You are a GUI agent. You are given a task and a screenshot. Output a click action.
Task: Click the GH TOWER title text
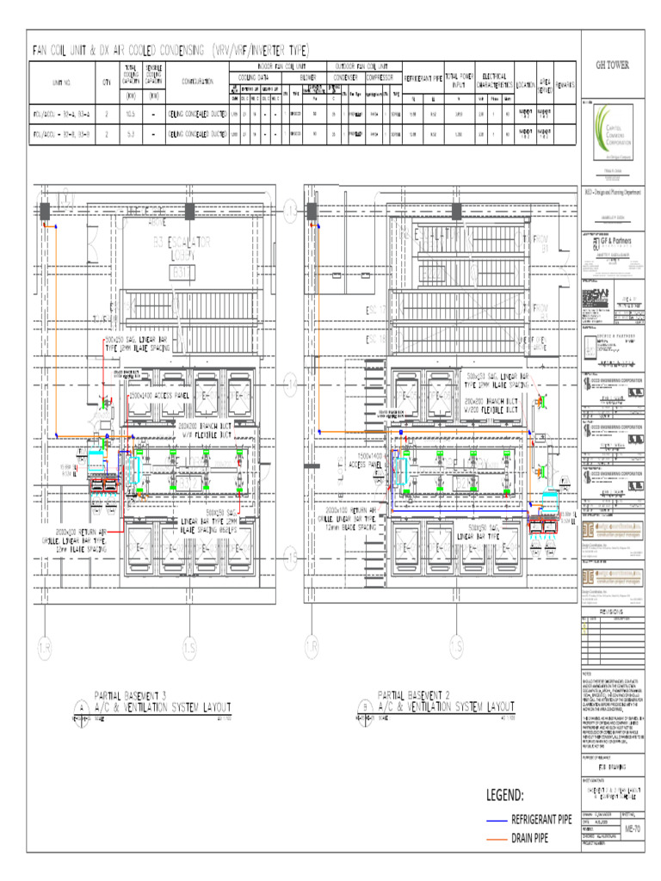pyautogui.click(x=613, y=65)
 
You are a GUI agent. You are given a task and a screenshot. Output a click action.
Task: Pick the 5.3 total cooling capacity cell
pyautogui.click(x=131, y=135)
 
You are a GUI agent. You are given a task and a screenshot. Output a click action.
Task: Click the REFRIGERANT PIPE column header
pyautogui.click(x=423, y=78)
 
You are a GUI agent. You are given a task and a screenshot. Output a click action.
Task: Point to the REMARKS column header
pyautogui.click(x=565, y=83)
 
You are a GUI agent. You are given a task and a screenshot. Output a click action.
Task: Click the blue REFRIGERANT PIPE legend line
pyautogui.click(x=497, y=820)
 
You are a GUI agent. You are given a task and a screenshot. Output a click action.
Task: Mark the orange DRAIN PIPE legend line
pyautogui.click(x=497, y=838)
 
